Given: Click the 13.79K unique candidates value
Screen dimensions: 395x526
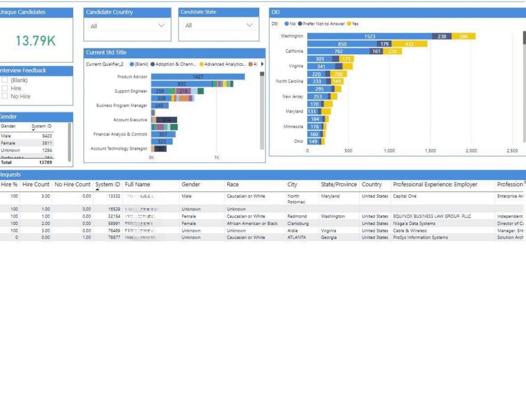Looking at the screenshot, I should pyautogui.click(x=35, y=41).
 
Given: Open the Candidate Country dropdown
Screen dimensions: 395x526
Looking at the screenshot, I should pyautogui.click(x=127, y=26).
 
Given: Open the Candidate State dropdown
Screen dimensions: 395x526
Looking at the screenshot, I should pyautogui.click(x=218, y=26).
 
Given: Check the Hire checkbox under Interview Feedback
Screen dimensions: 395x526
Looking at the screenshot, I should pyautogui.click(x=5, y=88).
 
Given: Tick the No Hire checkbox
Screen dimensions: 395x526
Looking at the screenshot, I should pyautogui.click(x=5, y=96).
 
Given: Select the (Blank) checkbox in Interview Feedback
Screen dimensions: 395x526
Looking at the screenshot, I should pyautogui.click(x=5, y=80).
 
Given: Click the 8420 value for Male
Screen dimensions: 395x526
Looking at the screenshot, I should pyautogui.click(x=47, y=136).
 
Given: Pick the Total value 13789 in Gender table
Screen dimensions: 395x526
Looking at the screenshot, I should pyautogui.click(x=46, y=163).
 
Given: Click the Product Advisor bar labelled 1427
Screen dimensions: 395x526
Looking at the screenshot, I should pyautogui.click(x=198, y=77).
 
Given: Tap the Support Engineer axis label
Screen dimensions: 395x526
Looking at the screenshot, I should pyautogui.click(x=131, y=91).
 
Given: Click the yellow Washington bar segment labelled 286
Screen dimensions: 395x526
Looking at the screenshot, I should pyautogui.click(x=463, y=36).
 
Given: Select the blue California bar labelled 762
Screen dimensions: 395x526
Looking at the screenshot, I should pyautogui.click(x=338, y=52).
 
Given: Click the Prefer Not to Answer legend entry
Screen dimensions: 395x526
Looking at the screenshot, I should pyautogui.click(x=322, y=24).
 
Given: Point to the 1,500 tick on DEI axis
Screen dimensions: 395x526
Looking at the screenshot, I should pyautogui.click(x=430, y=151).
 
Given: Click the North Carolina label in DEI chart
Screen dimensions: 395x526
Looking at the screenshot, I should pyautogui.click(x=289, y=82).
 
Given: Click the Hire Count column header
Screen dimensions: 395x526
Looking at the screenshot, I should pyautogui.click(x=36, y=185).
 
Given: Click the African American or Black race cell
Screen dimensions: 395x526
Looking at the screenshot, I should pyautogui.click(x=252, y=224).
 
